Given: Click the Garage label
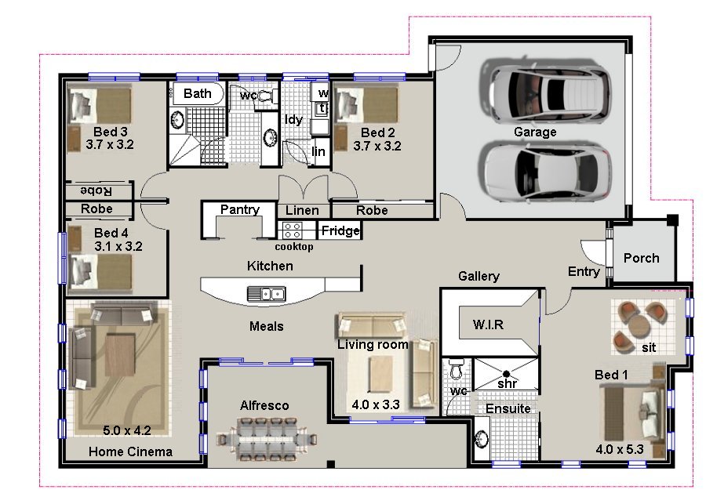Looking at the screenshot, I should click(x=535, y=132).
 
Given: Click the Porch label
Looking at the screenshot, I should click(x=641, y=258).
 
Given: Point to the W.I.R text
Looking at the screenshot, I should click(x=488, y=325).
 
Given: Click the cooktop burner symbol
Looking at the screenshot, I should click(x=293, y=230).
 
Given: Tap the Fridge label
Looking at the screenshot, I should click(x=340, y=231).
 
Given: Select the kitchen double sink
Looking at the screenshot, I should click(x=267, y=294).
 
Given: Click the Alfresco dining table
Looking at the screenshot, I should click(x=274, y=437).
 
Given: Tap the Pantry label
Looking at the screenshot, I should click(x=239, y=209).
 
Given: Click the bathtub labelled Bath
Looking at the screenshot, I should click(x=198, y=95).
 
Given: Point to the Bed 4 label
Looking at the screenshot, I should click(x=111, y=233).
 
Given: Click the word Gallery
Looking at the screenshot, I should click(x=479, y=276).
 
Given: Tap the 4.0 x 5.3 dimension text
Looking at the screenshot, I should click(x=620, y=450).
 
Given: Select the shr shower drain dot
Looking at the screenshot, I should click(x=507, y=372).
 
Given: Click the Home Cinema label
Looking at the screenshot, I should click(x=130, y=451).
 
